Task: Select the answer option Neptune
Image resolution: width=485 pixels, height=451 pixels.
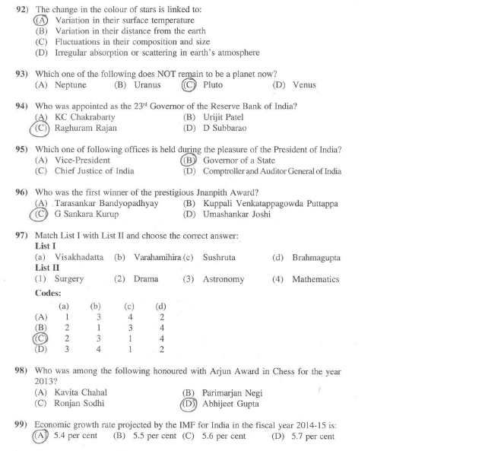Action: [71, 85]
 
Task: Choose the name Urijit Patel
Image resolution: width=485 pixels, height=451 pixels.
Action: [223, 117]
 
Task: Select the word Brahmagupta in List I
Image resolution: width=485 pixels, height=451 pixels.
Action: [315, 258]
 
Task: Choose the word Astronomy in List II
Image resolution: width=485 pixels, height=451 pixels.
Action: [223, 279]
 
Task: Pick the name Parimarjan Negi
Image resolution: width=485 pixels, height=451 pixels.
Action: [233, 392]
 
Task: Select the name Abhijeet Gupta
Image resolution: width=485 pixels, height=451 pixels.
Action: [236, 403]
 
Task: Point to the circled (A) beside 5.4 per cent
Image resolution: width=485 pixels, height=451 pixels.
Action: [41, 437]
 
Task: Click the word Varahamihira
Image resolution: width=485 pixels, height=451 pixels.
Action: [157, 258]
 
